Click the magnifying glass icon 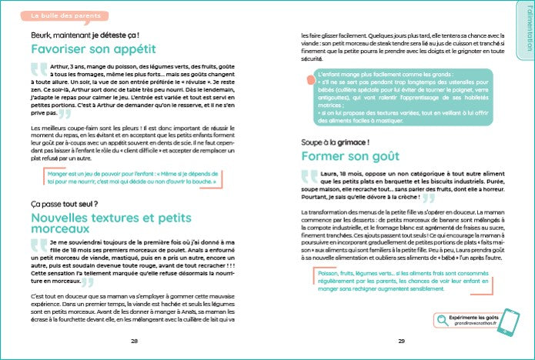[x=444, y=320]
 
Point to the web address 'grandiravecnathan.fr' [x=469, y=325]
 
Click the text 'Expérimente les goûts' [x=469, y=317]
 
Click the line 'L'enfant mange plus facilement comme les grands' [x=370, y=72]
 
